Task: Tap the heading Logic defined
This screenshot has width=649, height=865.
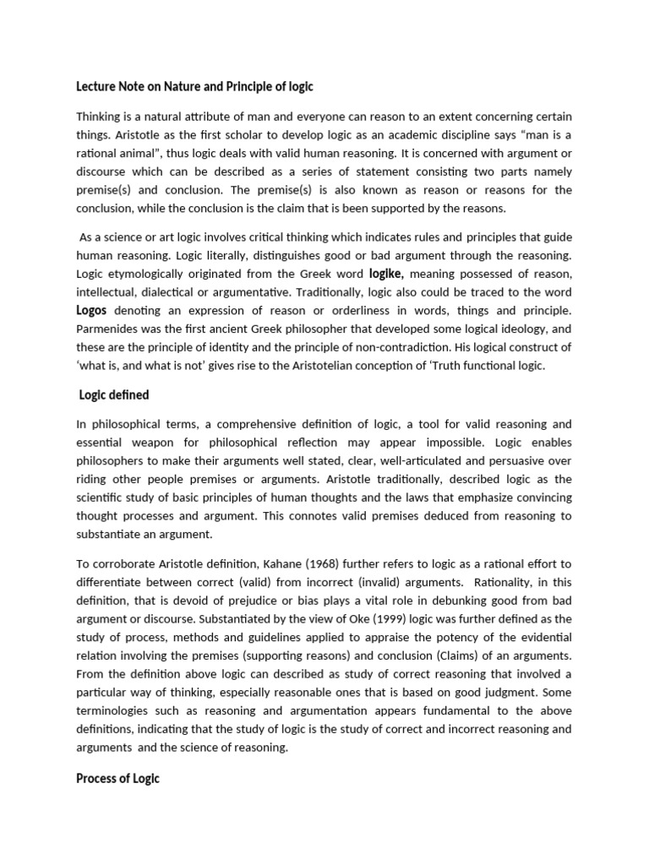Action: pos(114,394)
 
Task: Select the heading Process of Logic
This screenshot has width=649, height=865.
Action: pos(117,778)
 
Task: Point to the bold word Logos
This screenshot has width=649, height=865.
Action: pos(91,310)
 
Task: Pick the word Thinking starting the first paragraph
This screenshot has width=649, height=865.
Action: pos(100,116)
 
